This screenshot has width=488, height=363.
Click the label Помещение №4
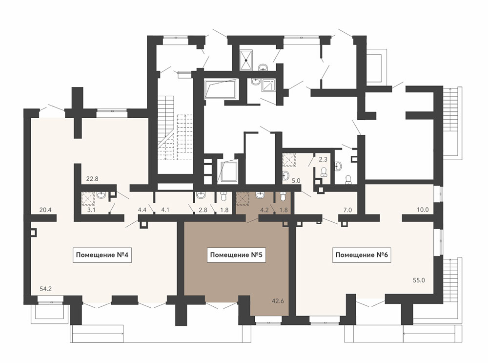[x=102, y=255]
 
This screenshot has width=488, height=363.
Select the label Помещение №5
[x=237, y=255]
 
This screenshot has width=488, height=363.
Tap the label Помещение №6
[x=362, y=255]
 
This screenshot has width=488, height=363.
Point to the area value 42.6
[x=278, y=301]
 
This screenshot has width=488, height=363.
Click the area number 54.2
[x=45, y=289]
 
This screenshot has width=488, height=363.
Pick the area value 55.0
[x=419, y=280]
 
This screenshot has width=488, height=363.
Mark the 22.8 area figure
[x=92, y=179]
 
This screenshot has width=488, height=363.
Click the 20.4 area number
[x=45, y=210]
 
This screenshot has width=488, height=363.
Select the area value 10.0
[x=423, y=210]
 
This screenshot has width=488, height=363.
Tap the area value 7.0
[x=347, y=210]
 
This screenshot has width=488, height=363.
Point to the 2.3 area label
[x=323, y=159]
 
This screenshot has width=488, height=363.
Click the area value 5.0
[x=296, y=180]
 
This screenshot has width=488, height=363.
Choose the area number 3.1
[x=91, y=210]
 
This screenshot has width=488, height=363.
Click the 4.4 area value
[x=142, y=210]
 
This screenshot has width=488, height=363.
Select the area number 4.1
[x=165, y=210]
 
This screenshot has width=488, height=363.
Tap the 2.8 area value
[x=203, y=210]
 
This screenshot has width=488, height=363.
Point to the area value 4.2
[x=264, y=210]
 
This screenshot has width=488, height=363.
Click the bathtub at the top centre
[x=222, y=89]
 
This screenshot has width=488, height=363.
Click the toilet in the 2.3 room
[x=324, y=171]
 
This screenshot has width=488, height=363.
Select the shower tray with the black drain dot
[x=246, y=60]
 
